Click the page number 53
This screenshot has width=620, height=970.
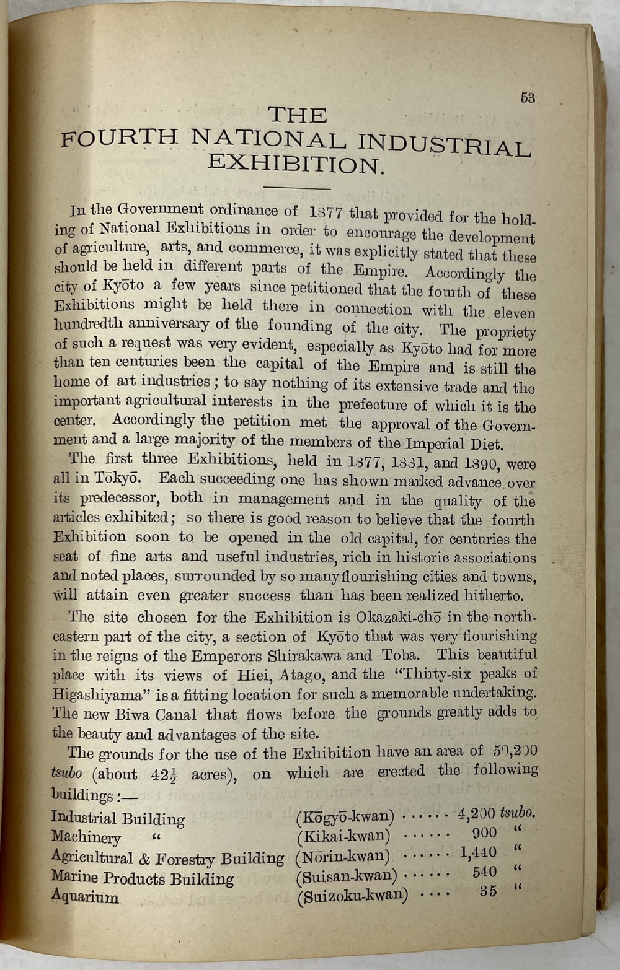pos(528,98)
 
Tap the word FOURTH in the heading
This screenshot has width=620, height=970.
pos(119,138)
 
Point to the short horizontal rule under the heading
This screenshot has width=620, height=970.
pos(297,188)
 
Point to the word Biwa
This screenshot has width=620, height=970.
pos(125,714)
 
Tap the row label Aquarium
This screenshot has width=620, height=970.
pos(84,896)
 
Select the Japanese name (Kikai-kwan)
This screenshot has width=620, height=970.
pos(343,837)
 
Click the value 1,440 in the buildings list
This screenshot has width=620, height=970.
pos(477,853)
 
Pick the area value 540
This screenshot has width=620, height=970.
pos(484,872)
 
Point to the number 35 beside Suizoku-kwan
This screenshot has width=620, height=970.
pos(489,891)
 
